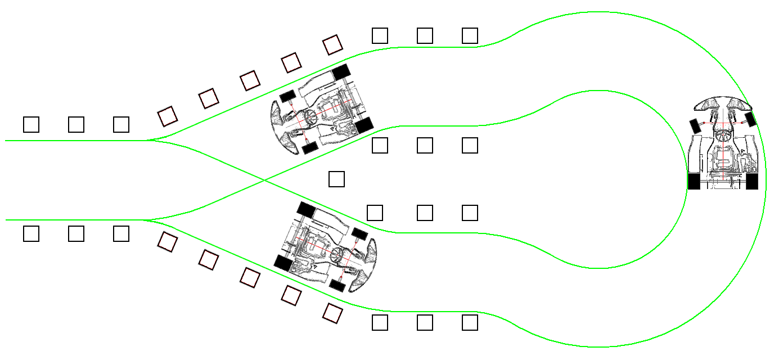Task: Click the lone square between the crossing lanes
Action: click(x=336, y=179)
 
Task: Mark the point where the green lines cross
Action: click(x=264, y=180)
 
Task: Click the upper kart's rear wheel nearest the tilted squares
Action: click(x=341, y=72)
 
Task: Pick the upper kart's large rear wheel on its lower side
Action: click(x=364, y=125)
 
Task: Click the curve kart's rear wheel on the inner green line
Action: click(x=694, y=181)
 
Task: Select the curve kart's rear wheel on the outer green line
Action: click(x=752, y=181)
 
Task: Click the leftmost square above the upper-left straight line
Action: click(x=31, y=124)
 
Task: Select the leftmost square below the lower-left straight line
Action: click(x=31, y=233)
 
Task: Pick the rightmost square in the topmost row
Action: click(x=470, y=36)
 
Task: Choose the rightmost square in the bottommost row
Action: click(x=470, y=323)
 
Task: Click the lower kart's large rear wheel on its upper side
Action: click(x=306, y=210)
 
